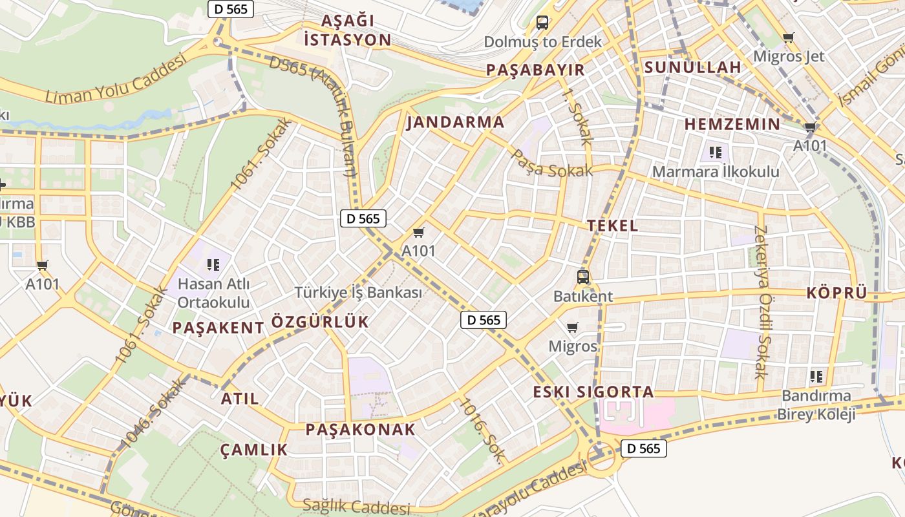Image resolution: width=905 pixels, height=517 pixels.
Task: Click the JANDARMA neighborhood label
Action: tap(455, 122)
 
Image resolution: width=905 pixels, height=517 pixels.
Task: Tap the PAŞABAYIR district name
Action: tap(535, 70)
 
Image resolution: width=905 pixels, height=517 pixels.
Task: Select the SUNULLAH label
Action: tap(692, 67)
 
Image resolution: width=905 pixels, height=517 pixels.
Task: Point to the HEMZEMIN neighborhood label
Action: tap(732, 124)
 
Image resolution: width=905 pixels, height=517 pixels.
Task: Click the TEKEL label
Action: tap(612, 226)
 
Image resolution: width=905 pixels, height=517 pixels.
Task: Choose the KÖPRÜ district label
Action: tap(836, 293)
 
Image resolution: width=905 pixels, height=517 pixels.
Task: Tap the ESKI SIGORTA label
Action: tap(593, 392)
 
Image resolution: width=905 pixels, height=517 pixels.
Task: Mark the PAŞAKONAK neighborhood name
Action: tap(360, 429)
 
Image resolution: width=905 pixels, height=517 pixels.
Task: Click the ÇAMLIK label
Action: tap(253, 450)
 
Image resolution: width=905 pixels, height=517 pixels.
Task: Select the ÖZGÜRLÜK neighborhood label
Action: tap(320, 322)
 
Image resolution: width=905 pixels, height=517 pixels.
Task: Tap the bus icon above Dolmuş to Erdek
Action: tap(542, 23)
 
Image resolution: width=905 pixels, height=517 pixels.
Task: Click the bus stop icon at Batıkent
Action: tap(582, 277)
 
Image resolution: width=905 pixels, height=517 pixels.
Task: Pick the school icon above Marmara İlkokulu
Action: tap(715, 153)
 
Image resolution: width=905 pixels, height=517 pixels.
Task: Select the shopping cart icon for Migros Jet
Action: tap(788, 37)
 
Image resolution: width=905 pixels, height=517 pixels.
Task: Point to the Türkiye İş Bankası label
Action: tap(358, 292)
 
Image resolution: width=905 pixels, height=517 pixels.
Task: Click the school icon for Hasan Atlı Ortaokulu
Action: tap(213, 264)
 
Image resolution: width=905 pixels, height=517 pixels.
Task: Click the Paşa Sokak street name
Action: tap(551, 165)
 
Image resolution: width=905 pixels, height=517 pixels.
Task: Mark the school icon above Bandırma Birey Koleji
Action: tap(816, 376)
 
